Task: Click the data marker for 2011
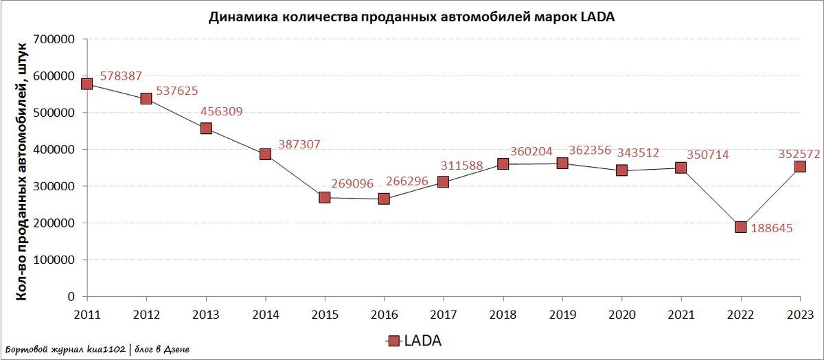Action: pyautogui.click(x=87, y=84)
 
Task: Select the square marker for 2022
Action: pyautogui.click(x=740, y=227)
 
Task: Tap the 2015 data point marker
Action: pyautogui.click(x=324, y=197)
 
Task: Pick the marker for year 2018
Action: pyautogui.click(x=503, y=164)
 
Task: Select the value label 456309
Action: pyautogui.click(x=221, y=111)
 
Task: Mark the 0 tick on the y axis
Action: pyautogui.click(x=71, y=297)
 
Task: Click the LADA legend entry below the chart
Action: pyautogui.click(x=413, y=341)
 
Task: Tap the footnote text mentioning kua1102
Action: pyautogui.click(x=97, y=350)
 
